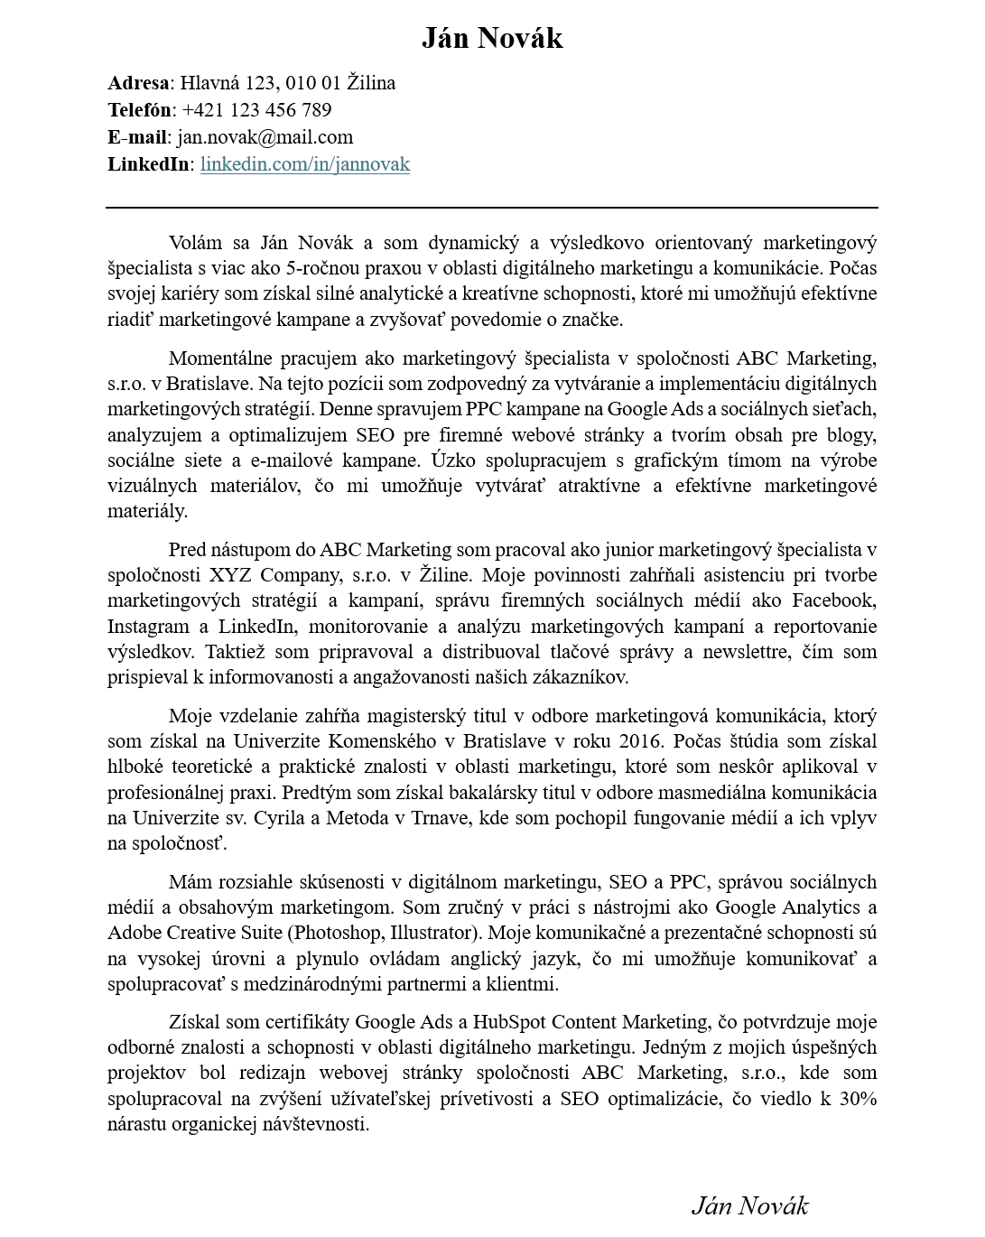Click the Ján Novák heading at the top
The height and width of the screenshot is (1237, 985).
click(x=492, y=38)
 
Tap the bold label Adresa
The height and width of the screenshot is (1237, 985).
click(x=138, y=83)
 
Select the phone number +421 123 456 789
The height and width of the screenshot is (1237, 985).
click(x=256, y=110)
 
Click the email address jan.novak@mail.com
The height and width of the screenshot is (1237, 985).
click(x=265, y=137)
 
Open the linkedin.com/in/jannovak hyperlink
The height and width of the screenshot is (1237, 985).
click(x=304, y=164)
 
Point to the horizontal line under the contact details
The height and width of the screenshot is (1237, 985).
click(x=492, y=207)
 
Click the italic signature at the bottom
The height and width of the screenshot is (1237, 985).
click(x=749, y=1205)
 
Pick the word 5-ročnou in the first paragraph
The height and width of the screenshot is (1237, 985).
click(x=321, y=268)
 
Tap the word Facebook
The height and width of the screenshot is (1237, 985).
click(x=833, y=600)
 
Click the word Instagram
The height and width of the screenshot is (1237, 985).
click(x=148, y=627)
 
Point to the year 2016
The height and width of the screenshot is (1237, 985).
click(x=640, y=741)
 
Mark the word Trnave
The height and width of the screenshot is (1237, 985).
click(x=441, y=818)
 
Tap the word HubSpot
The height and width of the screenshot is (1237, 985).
click(x=509, y=1022)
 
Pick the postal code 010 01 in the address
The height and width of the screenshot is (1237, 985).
click(x=312, y=83)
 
